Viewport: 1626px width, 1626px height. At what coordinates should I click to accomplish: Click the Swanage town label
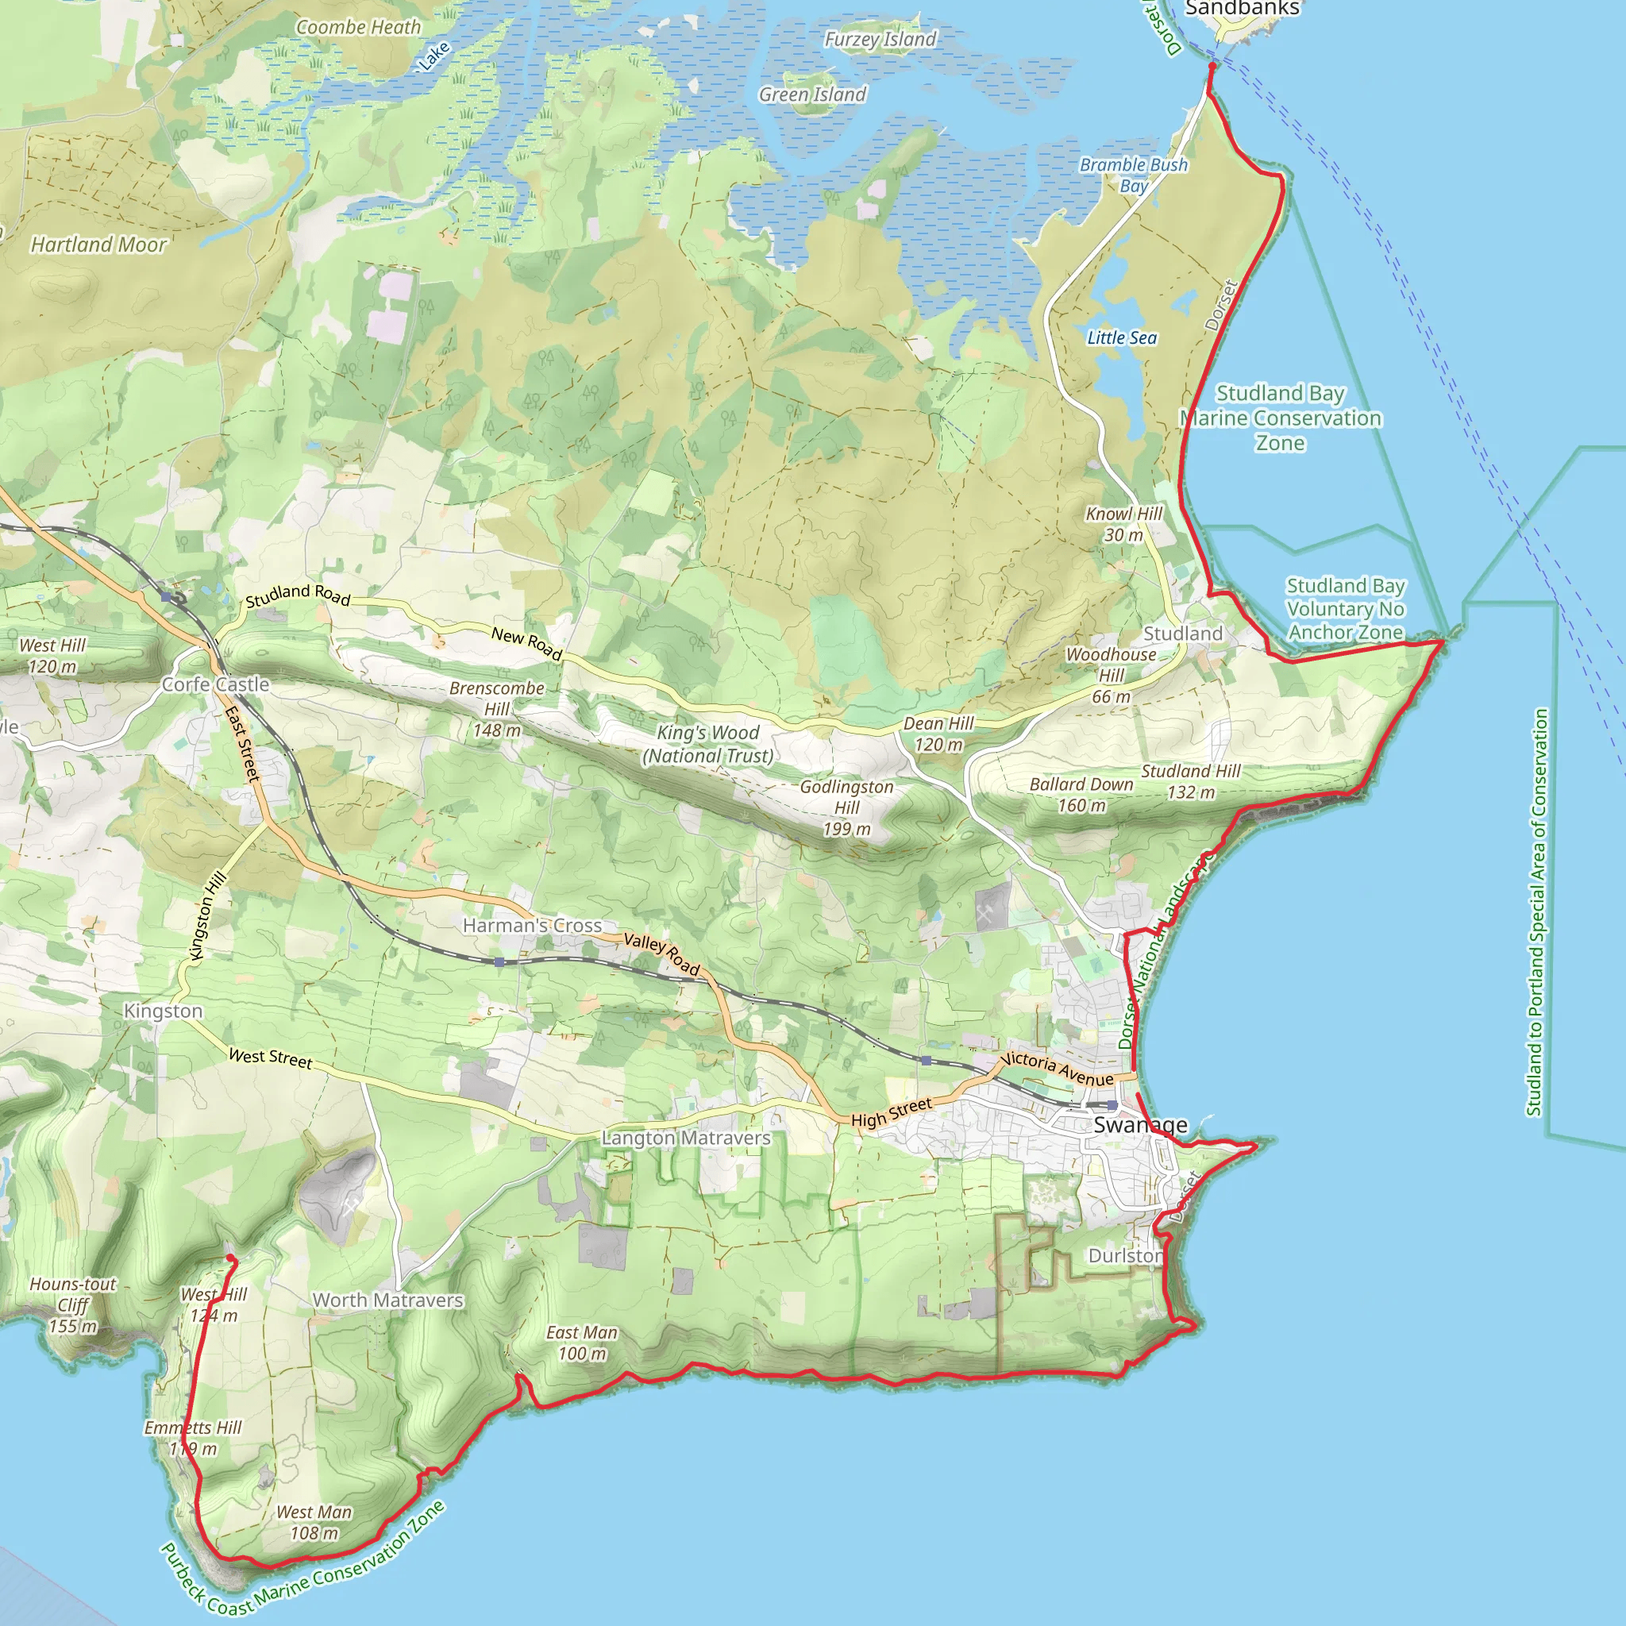tap(1140, 1124)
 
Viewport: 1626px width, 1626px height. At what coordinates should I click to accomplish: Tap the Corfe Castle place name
tap(215, 684)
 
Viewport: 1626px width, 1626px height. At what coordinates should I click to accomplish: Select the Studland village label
tap(1182, 633)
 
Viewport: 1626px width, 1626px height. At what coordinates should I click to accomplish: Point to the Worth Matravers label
tap(388, 1300)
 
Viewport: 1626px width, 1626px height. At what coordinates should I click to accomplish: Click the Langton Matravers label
tap(686, 1138)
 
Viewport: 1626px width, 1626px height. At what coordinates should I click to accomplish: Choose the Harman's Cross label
tap(532, 925)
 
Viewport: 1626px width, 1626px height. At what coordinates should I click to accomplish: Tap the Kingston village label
tap(164, 1011)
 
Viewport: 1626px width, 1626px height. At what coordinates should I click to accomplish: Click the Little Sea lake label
tap(1122, 337)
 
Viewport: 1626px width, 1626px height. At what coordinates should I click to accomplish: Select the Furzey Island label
tap(880, 39)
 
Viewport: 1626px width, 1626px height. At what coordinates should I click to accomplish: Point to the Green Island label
tap(812, 94)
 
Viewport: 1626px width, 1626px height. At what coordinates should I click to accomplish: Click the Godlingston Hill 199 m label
tap(846, 808)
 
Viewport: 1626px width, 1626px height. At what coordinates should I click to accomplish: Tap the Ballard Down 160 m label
tap(1081, 795)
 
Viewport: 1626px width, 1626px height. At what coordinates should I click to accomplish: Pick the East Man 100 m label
tap(581, 1343)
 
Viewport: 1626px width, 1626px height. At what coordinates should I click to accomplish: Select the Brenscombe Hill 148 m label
tap(496, 709)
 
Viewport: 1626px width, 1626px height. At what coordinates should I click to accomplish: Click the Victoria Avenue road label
tap(1057, 1069)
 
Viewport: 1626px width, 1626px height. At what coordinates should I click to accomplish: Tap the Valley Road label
tap(661, 954)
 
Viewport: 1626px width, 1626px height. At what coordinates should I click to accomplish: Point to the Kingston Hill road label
tap(208, 915)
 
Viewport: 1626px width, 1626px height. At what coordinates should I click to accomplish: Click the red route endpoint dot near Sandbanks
tap(1212, 66)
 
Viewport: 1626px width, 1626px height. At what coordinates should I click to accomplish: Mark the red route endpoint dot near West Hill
tap(230, 1258)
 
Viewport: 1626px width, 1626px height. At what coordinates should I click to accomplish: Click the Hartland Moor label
tap(98, 244)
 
